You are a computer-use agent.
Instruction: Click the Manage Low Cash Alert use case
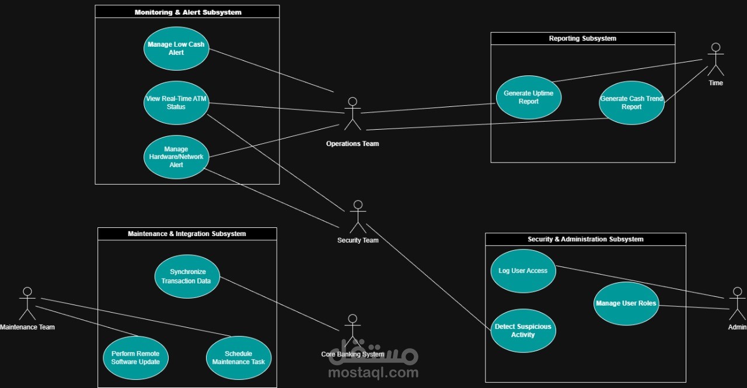(176, 49)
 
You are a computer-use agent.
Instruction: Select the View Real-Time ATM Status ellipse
(176, 103)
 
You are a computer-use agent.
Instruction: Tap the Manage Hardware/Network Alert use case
(176, 157)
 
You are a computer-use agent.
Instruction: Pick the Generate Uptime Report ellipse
(529, 97)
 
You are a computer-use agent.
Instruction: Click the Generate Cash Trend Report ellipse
(631, 103)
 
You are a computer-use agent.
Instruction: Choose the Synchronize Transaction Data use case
(187, 276)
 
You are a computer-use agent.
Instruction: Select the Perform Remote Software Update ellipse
(135, 358)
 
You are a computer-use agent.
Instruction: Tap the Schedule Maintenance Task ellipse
(239, 358)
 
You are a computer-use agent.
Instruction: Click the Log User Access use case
(523, 271)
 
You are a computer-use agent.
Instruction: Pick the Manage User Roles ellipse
(626, 303)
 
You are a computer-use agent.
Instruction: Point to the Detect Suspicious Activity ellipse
(523, 331)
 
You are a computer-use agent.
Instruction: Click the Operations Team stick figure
(352, 113)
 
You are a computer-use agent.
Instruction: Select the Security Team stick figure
(358, 217)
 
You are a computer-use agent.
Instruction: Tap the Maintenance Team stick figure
(27, 303)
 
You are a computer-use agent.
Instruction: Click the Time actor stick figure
(715, 59)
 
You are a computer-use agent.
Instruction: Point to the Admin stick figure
(737, 303)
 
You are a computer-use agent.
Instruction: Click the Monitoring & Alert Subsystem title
(188, 12)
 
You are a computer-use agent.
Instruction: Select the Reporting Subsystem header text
(582, 39)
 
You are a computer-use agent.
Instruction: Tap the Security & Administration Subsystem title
(585, 239)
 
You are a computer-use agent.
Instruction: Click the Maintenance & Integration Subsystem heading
(187, 234)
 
